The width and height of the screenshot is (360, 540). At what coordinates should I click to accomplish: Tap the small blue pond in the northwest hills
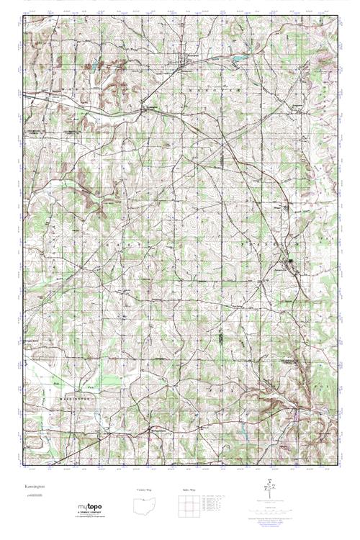[x=93, y=69]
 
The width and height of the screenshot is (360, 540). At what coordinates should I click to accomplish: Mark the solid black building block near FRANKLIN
[x=291, y=261]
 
